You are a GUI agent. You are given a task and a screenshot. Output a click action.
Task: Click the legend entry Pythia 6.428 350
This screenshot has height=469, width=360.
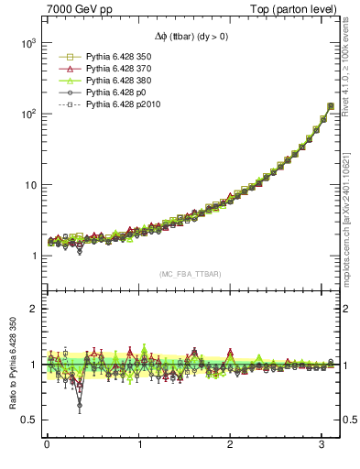point(119,57)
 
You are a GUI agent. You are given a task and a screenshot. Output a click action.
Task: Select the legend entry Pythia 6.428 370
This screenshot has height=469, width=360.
point(119,69)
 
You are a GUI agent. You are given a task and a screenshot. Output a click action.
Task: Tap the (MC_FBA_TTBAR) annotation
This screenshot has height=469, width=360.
point(189,274)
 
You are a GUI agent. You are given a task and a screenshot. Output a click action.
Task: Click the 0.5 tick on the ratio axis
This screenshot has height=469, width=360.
point(25,420)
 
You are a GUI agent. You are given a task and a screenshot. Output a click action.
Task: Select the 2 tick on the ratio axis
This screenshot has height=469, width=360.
point(30,309)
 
